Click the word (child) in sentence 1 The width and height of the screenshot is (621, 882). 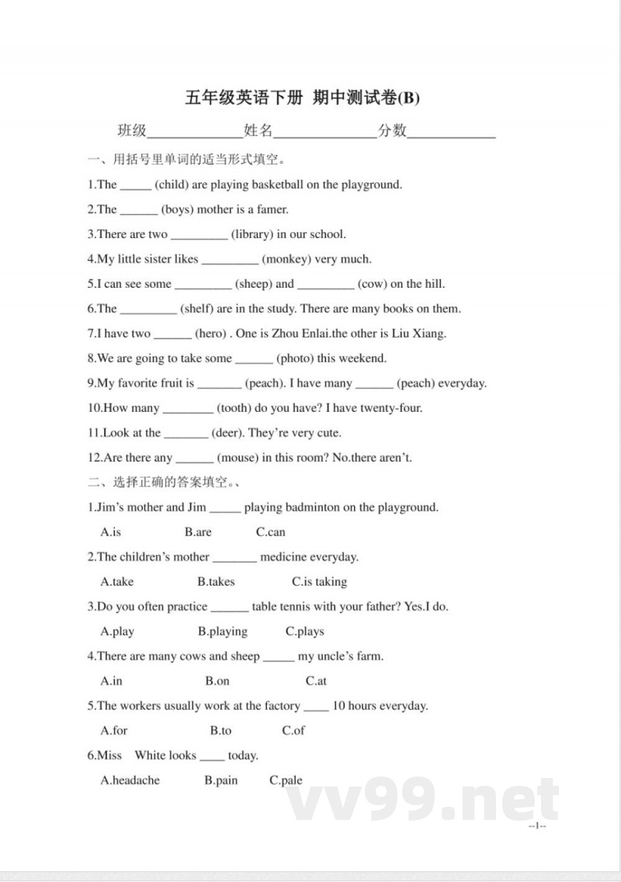click(x=171, y=185)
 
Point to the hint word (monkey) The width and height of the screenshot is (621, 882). click(x=288, y=259)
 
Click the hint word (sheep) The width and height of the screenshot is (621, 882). click(x=254, y=284)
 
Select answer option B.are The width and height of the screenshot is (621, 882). click(x=198, y=532)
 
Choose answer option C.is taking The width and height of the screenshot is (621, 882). click(x=319, y=582)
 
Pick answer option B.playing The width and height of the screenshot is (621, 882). click(x=222, y=631)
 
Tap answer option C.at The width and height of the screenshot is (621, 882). click(x=316, y=681)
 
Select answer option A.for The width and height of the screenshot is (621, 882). click(x=114, y=731)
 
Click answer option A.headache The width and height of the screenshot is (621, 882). click(x=130, y=780)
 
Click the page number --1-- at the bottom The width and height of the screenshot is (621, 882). click(x=537, y=825)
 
